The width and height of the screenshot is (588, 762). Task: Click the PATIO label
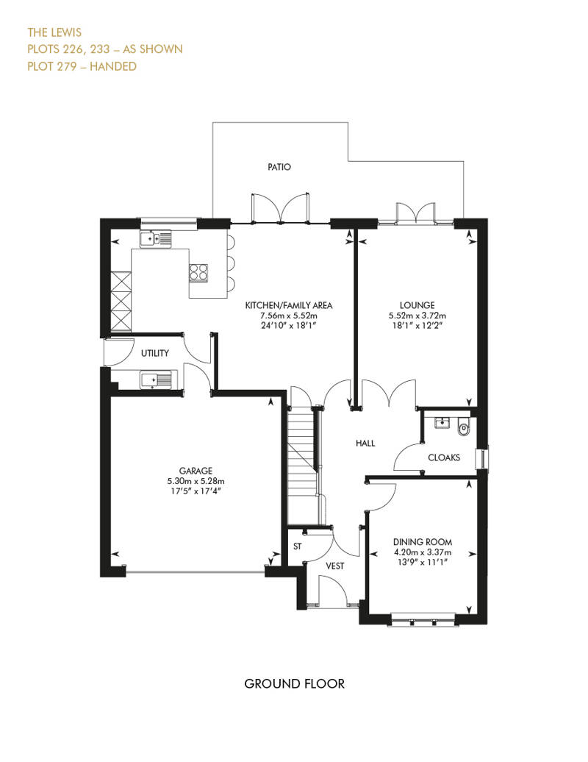point(279,167)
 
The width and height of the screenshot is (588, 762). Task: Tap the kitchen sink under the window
point(155,238)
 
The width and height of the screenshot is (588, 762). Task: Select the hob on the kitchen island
point(198,272)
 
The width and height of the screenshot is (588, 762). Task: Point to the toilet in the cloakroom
point(463,427)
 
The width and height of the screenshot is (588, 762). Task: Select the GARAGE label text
point(196,471)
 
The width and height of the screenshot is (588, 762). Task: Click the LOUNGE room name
point(417,305)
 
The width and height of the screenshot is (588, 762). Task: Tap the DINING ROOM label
point(422,542)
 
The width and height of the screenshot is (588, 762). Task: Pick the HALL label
point(365,444)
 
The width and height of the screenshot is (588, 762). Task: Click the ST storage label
point(298,546)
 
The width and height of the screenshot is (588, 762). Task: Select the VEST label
point(335,566)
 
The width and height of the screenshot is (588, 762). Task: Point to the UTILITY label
point(155,353)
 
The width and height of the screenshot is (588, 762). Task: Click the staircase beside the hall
point(301,463)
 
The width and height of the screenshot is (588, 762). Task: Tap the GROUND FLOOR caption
point(294,684)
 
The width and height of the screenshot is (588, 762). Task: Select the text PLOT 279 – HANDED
point(82,66)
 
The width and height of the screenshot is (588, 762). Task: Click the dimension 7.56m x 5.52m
point(290,315)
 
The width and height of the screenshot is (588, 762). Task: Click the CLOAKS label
point(444,457)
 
